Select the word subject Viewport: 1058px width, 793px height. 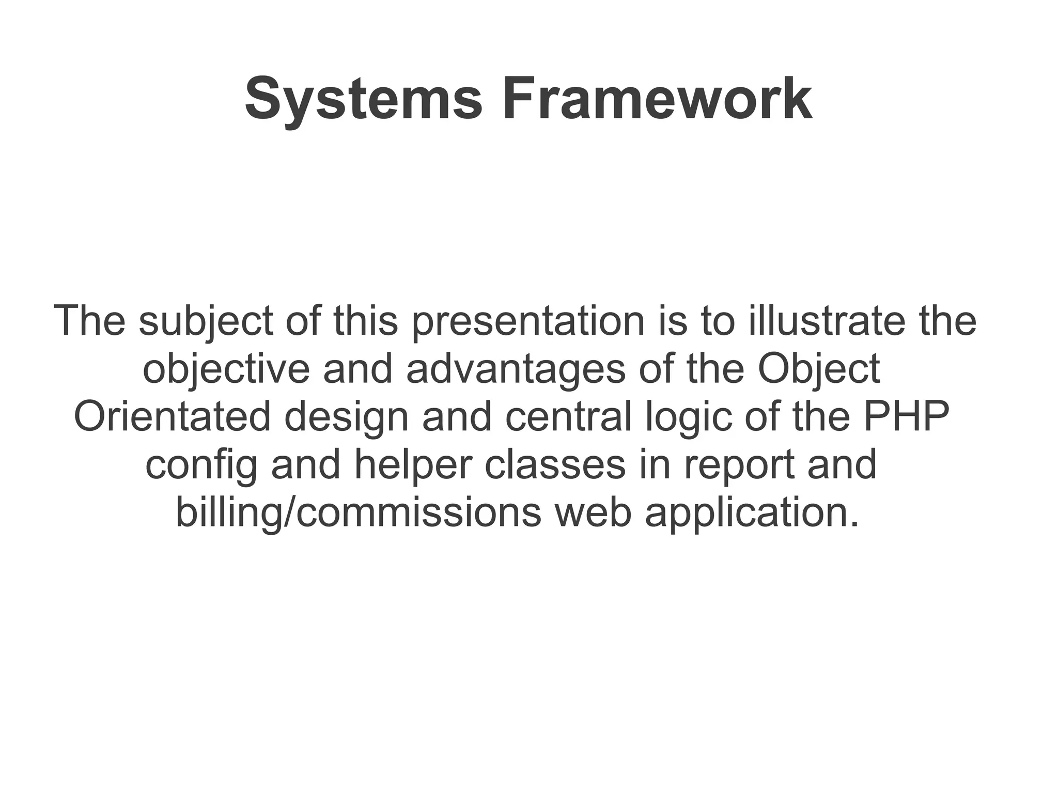tap(206, 321)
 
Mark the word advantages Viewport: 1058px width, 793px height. tap(516, 369)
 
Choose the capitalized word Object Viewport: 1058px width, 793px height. tap(819, 369)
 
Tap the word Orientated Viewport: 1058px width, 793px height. tap(173, 416)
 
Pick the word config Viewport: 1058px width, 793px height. tap(201, 465)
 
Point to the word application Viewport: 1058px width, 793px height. tap(752, 512)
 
